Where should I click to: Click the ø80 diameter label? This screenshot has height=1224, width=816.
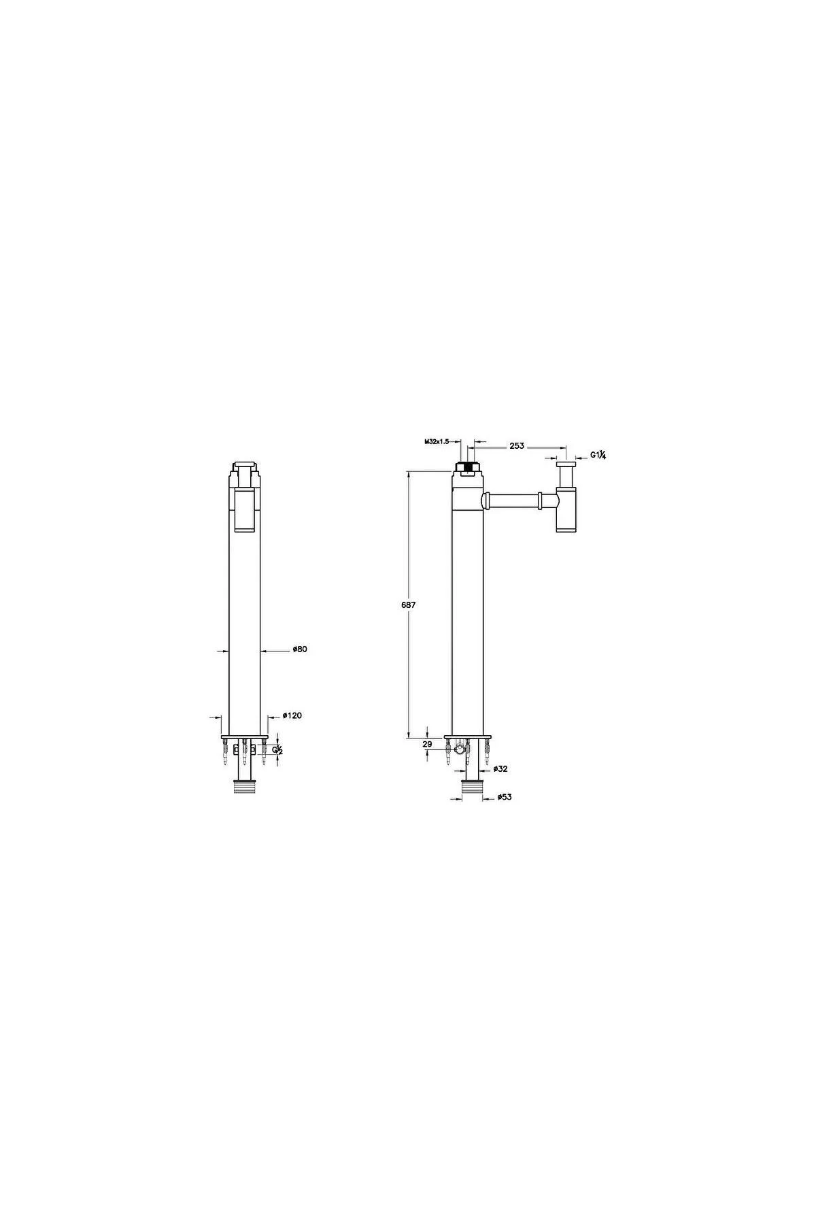(300, 649)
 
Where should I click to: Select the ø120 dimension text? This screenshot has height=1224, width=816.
(292, 715)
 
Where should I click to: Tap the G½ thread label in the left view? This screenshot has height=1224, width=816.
(277, 749)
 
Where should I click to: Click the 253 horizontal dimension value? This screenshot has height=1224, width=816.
(517, 445)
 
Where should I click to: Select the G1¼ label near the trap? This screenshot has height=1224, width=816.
(598, 455)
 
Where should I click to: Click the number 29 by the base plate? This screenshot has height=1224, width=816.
(426, 745)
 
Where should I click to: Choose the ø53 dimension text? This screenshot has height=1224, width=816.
(504, 796)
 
